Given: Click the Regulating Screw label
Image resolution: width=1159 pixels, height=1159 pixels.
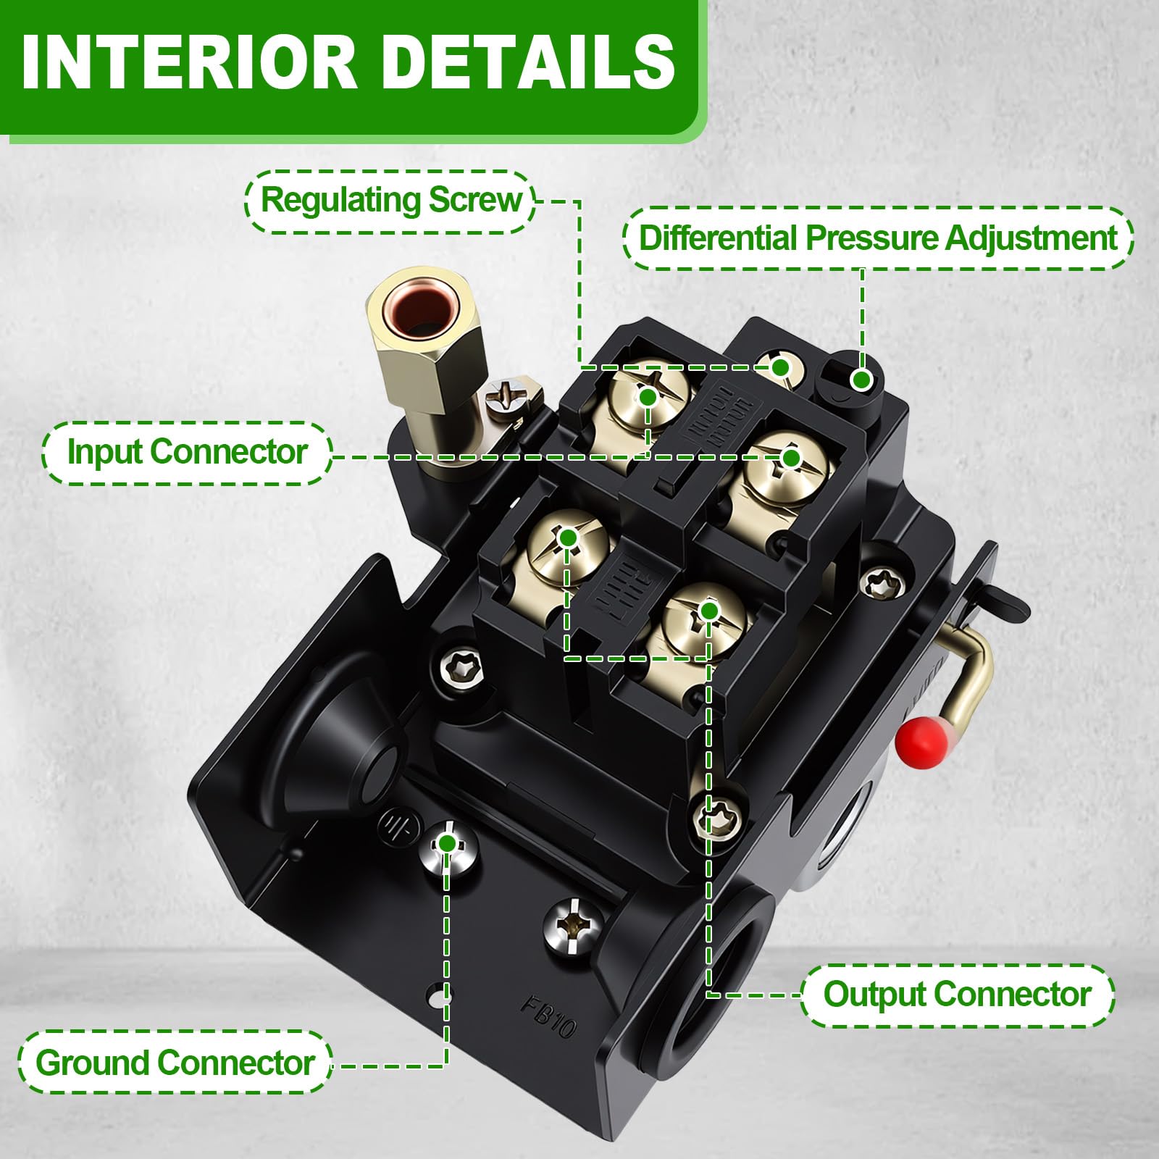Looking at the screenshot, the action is pyautogui.click(x=390, y=201).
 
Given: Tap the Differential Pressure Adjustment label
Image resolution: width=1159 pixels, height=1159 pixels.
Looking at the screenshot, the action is pyautogui.click(x=878, y=238).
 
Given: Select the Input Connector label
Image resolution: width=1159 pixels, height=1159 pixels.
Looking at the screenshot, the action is pyautogui.click(x=187, y=453).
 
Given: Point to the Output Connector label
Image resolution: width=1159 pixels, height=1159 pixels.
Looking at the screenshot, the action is pyautogui.click(x=957, y=995).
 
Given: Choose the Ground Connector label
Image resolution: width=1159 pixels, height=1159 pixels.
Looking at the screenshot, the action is pyautogui.click(x=175, y=1063).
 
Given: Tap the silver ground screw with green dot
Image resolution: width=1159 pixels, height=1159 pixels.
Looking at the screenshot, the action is pyautogui.click(x=448, y=847).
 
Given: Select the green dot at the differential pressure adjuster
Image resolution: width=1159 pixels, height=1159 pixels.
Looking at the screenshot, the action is pyautogui.click(x=861, y=380).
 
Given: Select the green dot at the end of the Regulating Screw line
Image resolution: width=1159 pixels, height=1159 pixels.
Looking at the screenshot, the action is pyautogui.click(x=780, y=367).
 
